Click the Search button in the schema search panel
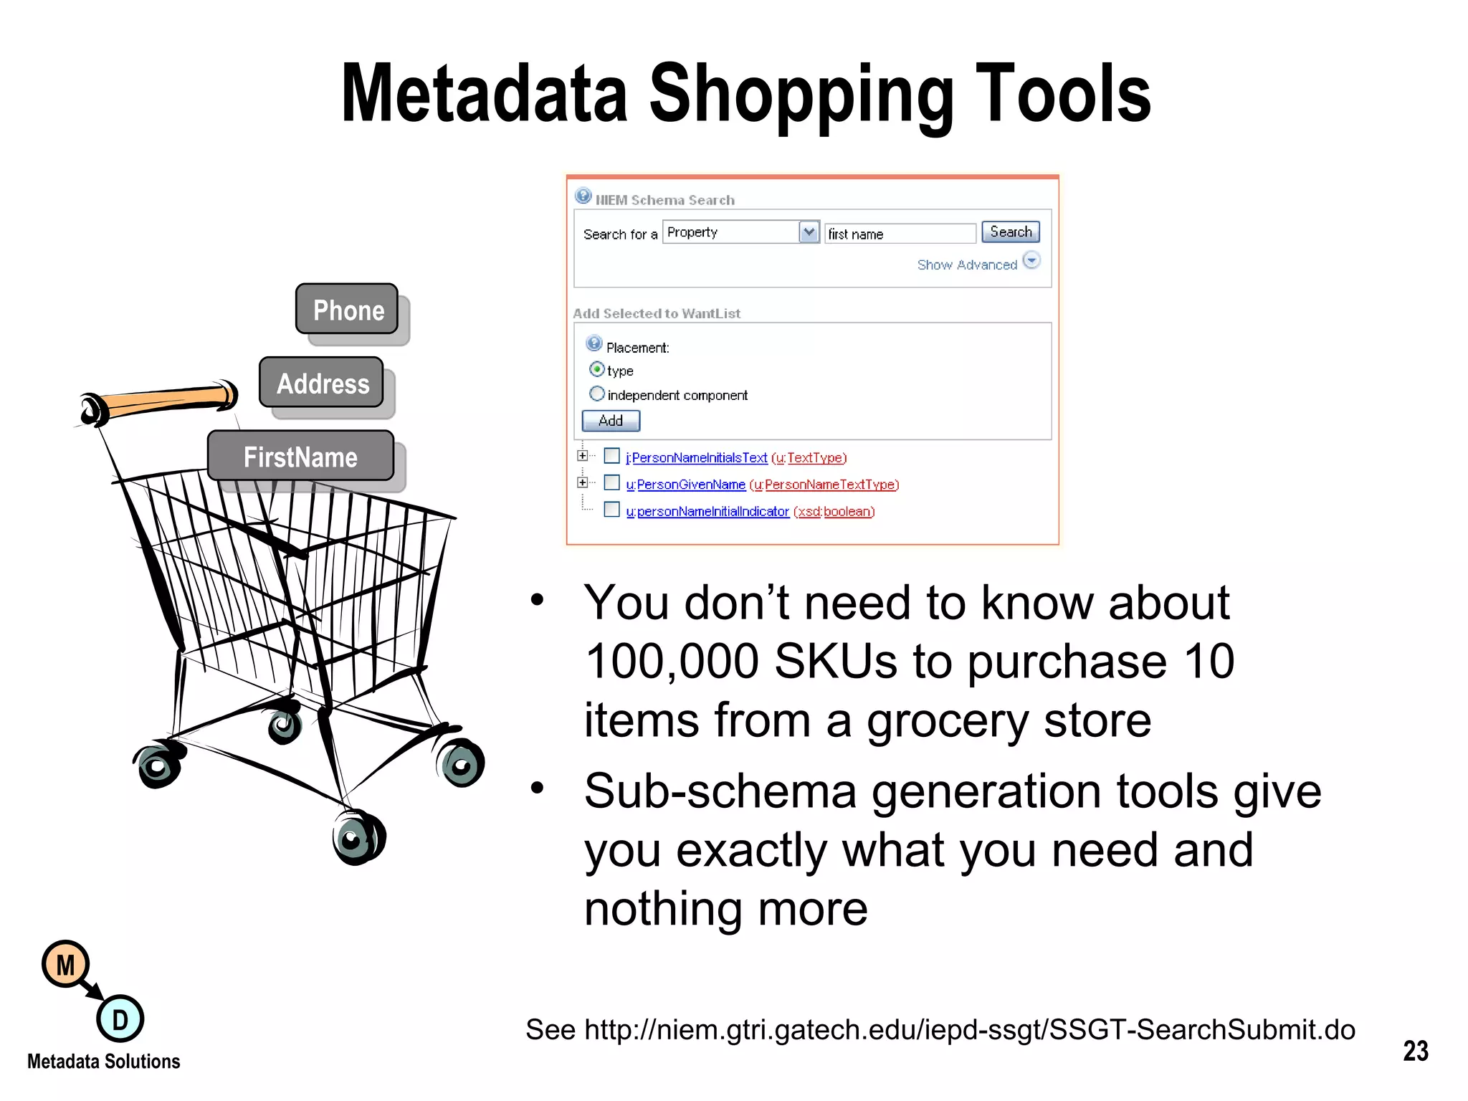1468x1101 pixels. coord(1010,232)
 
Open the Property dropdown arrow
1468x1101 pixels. coord(809,232)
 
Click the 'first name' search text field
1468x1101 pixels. coord(900,234)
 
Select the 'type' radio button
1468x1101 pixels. coord(596,370)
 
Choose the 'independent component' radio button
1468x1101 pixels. coord(596,394)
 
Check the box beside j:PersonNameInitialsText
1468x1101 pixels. coord(611,456)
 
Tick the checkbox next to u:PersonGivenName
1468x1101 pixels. coord(611,483)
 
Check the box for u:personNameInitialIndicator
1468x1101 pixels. coord(611,510)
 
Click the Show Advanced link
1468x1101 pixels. coord(967,265)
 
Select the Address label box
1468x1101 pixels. coord(322,383)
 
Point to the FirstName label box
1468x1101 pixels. coord(300,457)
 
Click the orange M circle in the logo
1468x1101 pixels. coord(65,965)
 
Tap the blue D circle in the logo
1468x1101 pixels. coord(120,1019)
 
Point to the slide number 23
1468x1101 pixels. coord(1415,1051)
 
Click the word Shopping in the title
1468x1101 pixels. coord(801,95)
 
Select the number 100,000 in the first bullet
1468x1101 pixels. coord(672,661)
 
